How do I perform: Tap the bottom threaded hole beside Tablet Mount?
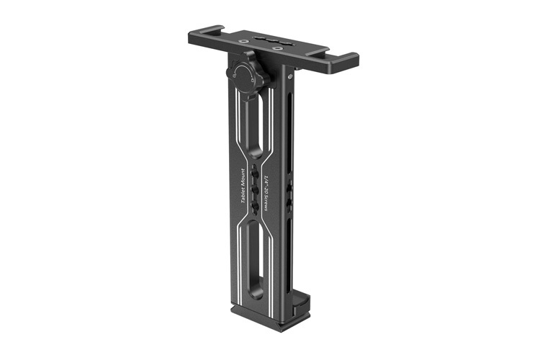pyautogui.click(x=256, y=208)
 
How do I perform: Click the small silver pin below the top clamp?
pyautogui.click(x=290, y=72)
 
